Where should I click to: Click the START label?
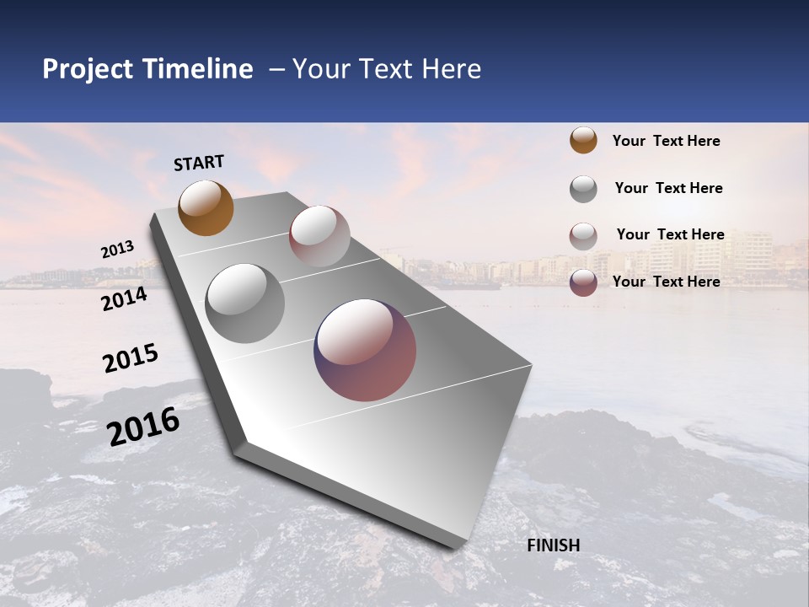(199, 163)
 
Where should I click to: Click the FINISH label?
(554, 545)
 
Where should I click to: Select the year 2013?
(117, 250)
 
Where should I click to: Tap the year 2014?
(124, 298)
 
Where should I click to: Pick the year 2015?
(131, 358)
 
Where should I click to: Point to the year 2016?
(143, 426)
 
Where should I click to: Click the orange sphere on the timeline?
(206, 208)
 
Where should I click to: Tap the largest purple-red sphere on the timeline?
(365, 350)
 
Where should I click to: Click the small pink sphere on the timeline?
(319, 236)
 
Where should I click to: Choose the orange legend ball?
(583, 141)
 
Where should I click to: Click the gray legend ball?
(583, 189)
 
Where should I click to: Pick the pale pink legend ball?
(583, 236)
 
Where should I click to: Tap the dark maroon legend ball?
(583, 282)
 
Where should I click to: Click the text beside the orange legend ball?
(666, 141)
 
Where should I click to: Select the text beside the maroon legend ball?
(666, 282)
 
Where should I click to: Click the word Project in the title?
(88, 69)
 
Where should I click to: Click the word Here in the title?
(451, 69)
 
